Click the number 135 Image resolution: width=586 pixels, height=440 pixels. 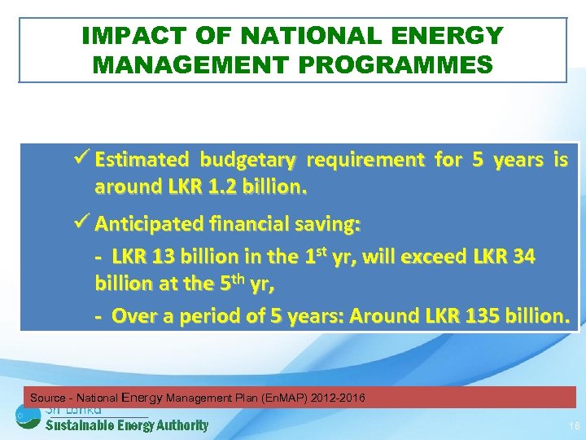point(472,315)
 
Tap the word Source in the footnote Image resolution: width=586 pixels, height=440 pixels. point(48,398)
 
